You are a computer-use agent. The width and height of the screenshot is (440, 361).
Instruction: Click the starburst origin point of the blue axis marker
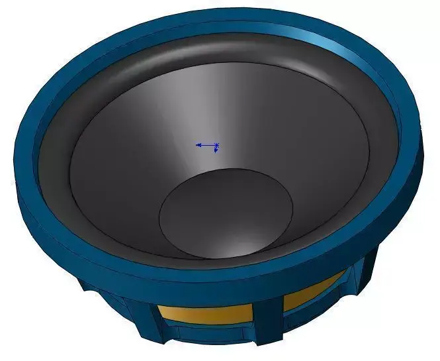pyautogui.click(x=216, y=144)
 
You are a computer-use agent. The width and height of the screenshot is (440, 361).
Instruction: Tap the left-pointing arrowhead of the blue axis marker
pyautogui.click(x=198, y=144)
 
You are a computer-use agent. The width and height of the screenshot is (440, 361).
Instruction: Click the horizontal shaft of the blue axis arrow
pyautogui.click(x=207, y=144)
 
